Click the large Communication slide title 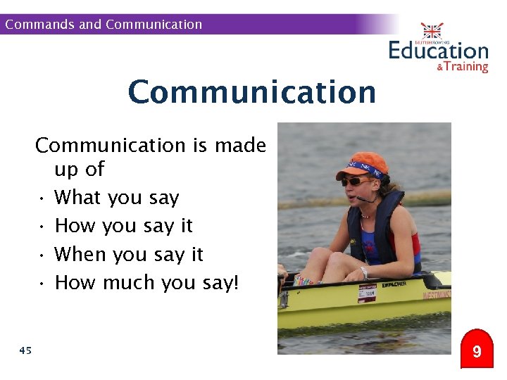pos(252,92)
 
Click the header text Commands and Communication pos(104,25)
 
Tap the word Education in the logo pos(438,51)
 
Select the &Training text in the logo pos(462,67)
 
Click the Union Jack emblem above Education pos(432,31)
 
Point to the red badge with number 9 pos(477,350)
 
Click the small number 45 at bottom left pos(25,350)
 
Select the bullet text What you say pos(117,198)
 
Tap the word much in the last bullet pos(129,282)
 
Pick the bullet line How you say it pos(123,226)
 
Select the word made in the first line pos(240,146)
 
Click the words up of pos(79,170)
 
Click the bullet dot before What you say pos(43,198)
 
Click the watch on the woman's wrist pos(364,271)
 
